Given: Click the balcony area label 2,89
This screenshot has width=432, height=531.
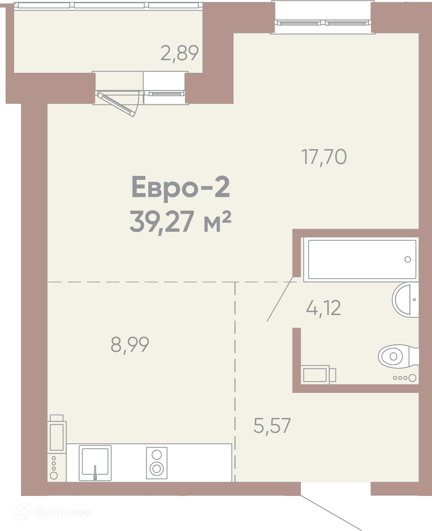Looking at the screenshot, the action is pos(180,53).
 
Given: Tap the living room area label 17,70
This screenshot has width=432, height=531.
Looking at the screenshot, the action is pos(324,157).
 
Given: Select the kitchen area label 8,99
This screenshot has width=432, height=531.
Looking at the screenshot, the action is pos(130,345).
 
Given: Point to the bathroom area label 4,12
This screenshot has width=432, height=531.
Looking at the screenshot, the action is pos(323,308).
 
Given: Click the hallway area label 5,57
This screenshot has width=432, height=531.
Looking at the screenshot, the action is pos(272,426).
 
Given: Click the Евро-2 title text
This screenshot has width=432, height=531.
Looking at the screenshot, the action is pos(181,187).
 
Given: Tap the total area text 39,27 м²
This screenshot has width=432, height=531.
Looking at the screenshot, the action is pos(181,222).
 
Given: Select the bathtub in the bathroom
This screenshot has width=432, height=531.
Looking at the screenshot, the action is pos(362,259).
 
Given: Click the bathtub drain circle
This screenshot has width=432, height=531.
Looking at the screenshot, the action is pos(408,260).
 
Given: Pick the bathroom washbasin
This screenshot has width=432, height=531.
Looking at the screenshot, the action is pos(405,300).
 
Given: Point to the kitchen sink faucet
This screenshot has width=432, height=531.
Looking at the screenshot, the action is pos(95,473).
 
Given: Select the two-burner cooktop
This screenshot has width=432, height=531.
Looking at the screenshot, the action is pos(157,463).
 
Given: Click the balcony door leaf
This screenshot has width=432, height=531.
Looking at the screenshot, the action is pos(116,104).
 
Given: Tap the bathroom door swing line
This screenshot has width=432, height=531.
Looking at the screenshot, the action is pos(280,299).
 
